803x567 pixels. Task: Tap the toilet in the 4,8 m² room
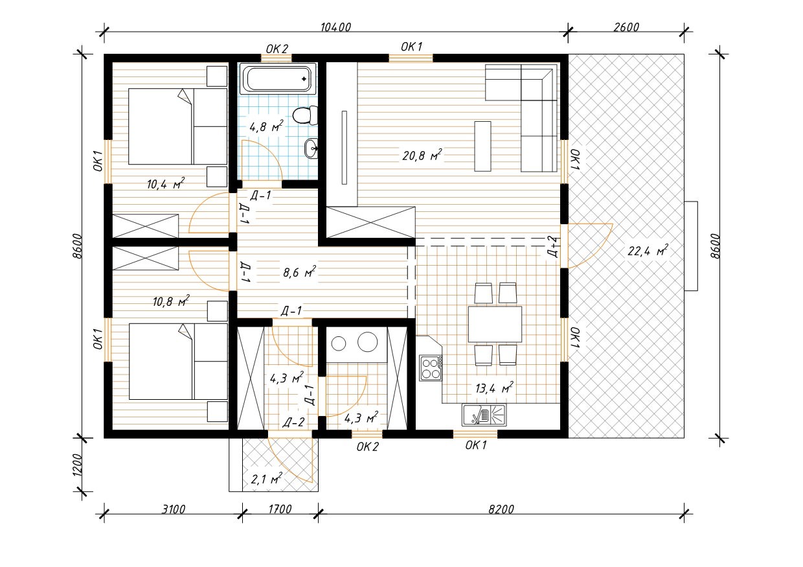tap(306, 115)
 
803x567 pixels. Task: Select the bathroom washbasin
tap(311, 148)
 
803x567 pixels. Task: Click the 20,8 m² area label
tap(422, 155)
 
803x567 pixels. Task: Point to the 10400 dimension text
tap(335, 27)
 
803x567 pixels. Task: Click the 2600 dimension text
tap(626, 27)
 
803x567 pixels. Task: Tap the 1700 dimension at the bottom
tap(280, 509)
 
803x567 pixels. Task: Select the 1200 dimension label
tap(78, 465)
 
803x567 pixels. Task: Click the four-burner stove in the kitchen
tap(431, 368)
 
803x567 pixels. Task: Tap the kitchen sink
tap(484, 415)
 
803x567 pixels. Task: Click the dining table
tap(495, 324)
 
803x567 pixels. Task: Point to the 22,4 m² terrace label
tap(648, 251)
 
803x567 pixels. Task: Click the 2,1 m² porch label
tap(266, 478)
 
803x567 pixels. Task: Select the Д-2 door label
tap(293, 422)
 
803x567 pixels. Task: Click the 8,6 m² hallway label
tap(299, 272)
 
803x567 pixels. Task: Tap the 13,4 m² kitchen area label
tap(494, 388)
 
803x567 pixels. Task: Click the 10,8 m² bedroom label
tap(171, 301)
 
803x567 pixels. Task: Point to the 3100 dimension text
tap(173, 509)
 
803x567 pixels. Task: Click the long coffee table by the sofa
tap(482, 146)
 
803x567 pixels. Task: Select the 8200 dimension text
tap(501, 509)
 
